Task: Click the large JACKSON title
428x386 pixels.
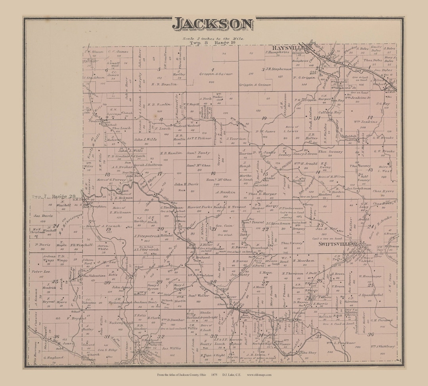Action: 213,24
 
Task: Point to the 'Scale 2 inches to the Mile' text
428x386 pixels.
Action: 213,38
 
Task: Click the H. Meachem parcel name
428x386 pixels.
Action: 304,261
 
